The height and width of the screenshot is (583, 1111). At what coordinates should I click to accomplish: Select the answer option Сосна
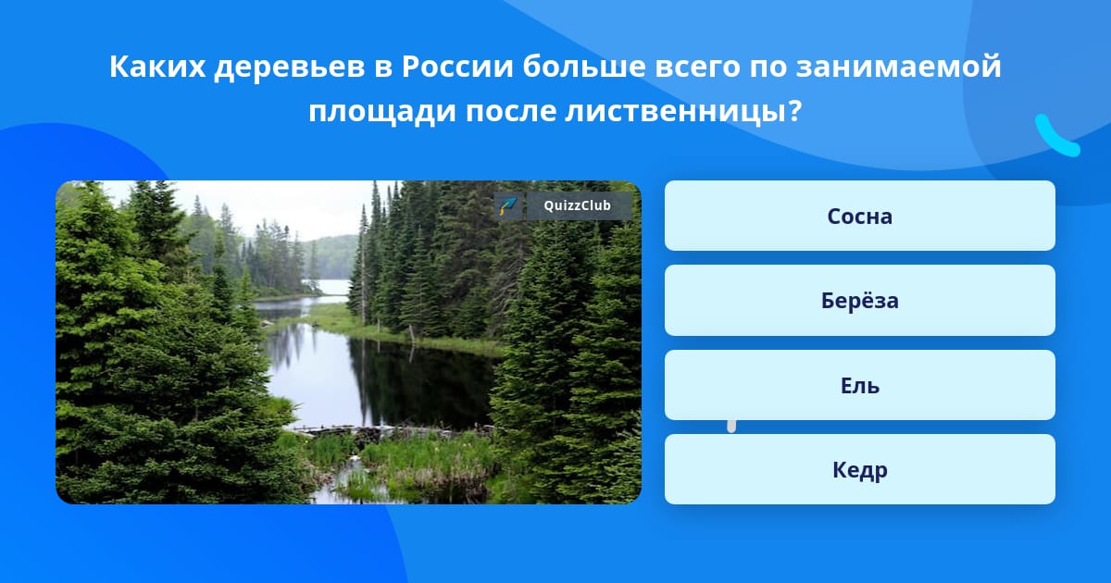[859, 216]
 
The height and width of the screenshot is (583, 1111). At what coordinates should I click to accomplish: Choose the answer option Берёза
[859, 301]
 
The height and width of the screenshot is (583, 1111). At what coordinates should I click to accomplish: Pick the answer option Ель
[859, 385]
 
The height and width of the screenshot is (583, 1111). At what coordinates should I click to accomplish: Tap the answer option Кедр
[859, 469]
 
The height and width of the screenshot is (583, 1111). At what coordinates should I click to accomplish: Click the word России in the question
[456, 67]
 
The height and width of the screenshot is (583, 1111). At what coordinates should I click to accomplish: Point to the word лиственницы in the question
[675, 112]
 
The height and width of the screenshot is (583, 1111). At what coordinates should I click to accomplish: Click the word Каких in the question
[157, 67]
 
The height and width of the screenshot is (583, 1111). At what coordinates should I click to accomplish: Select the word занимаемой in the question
[899, 67]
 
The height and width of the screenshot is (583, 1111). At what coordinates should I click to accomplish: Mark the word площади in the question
[381, 113]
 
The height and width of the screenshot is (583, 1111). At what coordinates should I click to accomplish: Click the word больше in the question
[584, 67]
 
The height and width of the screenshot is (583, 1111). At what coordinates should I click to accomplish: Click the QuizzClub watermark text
[578, 205]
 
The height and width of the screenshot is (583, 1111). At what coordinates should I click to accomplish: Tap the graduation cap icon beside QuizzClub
[508, 205]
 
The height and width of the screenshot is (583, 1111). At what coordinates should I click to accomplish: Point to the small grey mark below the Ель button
[731, 426]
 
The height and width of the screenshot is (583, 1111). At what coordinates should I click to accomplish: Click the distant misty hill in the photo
[331, 257]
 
